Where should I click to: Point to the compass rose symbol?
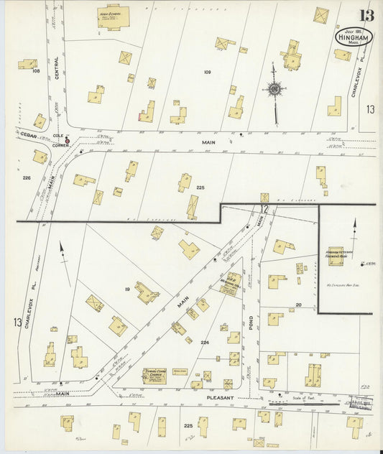274,90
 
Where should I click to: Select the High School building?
111,17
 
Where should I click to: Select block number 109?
208,72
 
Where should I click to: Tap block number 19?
127,289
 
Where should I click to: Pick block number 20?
298,305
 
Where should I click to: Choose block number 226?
27,177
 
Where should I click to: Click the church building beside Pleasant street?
156,374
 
